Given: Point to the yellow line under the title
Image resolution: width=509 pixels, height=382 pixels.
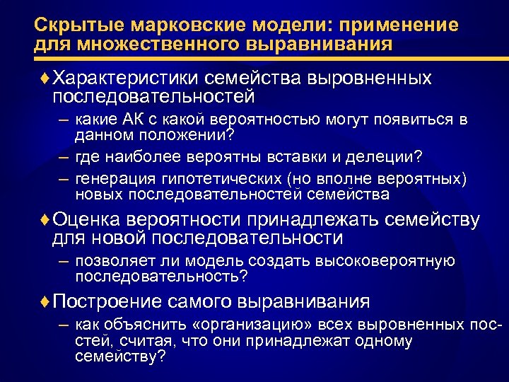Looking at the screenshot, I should (255, 59).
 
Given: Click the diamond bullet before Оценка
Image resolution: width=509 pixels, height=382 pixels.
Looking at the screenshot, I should (46, 220).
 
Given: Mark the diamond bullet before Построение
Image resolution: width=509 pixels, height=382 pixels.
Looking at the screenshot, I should (46, 301).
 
